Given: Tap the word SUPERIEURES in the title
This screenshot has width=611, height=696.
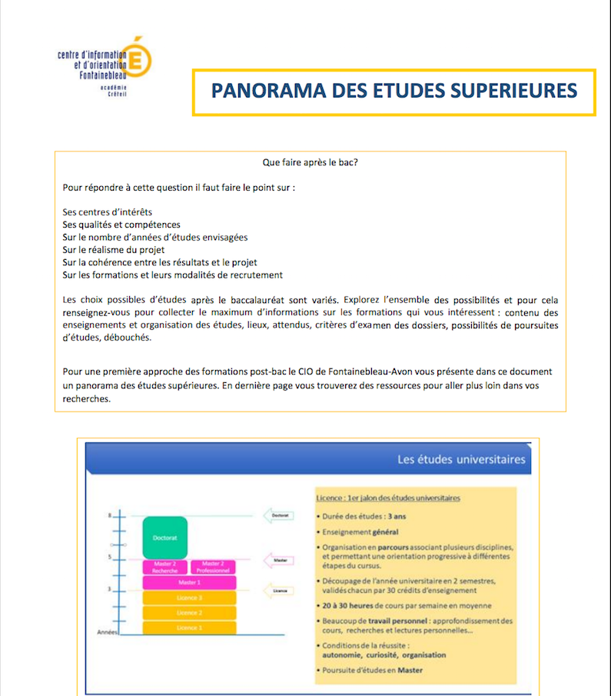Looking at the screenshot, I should (x=512, y=92).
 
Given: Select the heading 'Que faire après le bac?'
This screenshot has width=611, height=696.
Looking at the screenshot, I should (x=310, y=162).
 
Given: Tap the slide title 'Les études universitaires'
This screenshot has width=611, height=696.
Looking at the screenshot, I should (x=461, y=460).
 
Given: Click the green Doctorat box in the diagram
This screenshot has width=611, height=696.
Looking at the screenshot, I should (x=165, y=538).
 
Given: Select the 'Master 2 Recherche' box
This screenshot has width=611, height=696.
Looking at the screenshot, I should (x=165, y=568).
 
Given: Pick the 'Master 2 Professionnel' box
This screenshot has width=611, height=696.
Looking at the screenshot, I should (x=213, y=568).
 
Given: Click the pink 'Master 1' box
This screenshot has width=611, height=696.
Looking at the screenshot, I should (x=189, y=583).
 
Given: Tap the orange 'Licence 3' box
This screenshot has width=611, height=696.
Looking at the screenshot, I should (x=189, y=598).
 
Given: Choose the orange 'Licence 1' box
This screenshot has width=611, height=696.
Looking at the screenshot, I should (x=189, y=628).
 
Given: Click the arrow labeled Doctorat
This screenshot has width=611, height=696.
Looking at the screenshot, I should (x=278, y=515).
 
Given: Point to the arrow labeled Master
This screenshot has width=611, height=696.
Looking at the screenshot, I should (x=278, y=561).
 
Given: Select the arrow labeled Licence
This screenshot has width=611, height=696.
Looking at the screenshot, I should (x=278, y=591).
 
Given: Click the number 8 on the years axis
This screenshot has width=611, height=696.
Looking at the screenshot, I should (x=111, y=515).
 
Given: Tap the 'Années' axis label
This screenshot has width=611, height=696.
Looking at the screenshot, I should (x=107, y=632).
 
